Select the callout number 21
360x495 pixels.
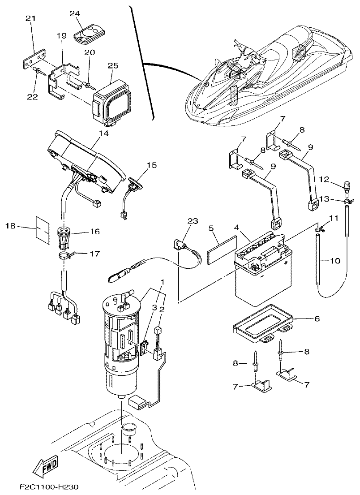[30, 18]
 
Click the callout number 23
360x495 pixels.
[193, 221]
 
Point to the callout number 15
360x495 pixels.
[152, 166]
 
